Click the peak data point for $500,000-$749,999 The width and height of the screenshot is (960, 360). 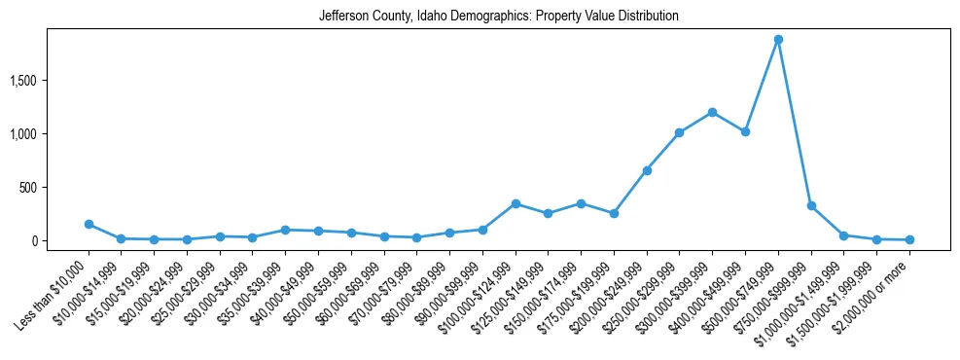click(778, 40)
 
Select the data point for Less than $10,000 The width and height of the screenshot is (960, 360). click(89, 225)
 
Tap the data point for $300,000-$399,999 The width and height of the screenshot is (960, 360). click(713, 112)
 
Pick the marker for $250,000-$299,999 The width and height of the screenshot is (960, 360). click(680, 132)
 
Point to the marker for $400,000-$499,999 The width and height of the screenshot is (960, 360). click(745, 131)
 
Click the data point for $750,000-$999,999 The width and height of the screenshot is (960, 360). click(811, 206)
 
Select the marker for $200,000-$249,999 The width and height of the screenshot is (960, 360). click(647, 170)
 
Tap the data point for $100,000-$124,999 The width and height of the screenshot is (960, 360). click(516, 203)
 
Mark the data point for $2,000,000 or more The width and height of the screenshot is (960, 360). click(909, 239)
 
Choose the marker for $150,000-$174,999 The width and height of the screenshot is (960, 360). click(581, 203)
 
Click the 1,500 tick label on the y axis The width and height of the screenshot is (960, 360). click(49, 80)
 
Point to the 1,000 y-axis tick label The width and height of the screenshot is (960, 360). click(49, 133)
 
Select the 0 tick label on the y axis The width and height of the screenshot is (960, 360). click(61, 240)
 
